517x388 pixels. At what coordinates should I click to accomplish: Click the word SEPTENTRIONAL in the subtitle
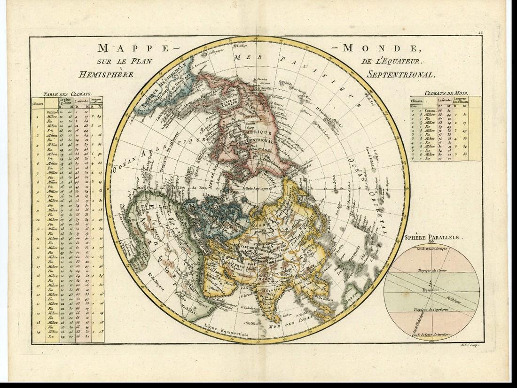tap(403, 74)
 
